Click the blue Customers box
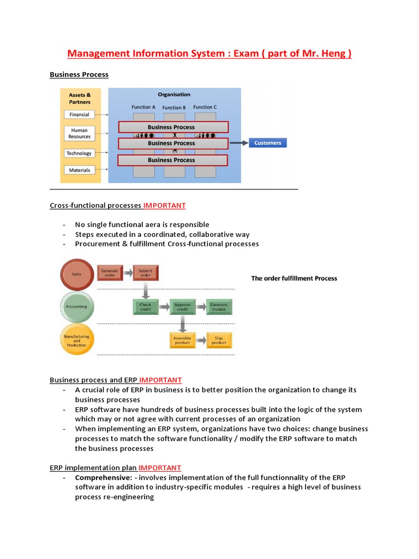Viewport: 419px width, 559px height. [x=267, y=143]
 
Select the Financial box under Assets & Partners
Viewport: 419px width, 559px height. [x=79, y=115]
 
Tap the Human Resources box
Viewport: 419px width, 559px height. [x=79, y=133]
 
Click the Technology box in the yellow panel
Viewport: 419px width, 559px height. [x=79, y=153]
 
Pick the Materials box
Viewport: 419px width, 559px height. [x=79, y=170]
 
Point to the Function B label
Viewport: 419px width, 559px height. [x=174, y=108]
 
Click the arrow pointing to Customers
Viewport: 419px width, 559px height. [x=238, y=143]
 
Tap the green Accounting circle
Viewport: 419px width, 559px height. [x=76, y=306]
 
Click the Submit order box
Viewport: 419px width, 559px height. [x=146, y=272]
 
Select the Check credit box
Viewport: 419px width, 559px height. [x=146, y=307]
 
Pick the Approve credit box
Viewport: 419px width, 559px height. [x=182, y=307]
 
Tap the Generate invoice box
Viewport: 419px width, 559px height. [x=219, y=307]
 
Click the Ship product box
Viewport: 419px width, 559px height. [x=219, y=341]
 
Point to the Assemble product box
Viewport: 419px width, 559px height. [x=182, y=341]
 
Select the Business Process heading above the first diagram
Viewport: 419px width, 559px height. [x=79, y=75]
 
